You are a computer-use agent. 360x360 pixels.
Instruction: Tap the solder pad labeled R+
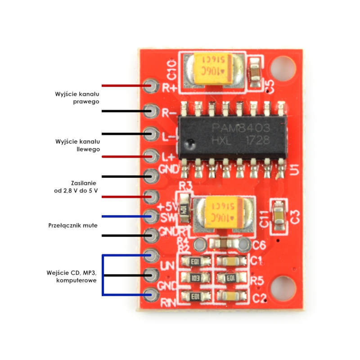pos(151,85)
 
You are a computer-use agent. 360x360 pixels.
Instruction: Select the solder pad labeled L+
pos(151,155)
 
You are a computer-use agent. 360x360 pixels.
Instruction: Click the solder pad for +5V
pos(151,197)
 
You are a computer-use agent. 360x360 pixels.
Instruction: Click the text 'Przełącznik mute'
pos(73,225)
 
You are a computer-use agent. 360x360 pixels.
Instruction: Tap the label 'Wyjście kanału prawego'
pos(77,98)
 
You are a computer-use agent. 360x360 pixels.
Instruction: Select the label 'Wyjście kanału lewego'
pos(77,145)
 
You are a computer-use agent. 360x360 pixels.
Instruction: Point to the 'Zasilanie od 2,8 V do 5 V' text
pos(76,186)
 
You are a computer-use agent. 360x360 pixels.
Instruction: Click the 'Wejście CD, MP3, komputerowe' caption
pos(72,276)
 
